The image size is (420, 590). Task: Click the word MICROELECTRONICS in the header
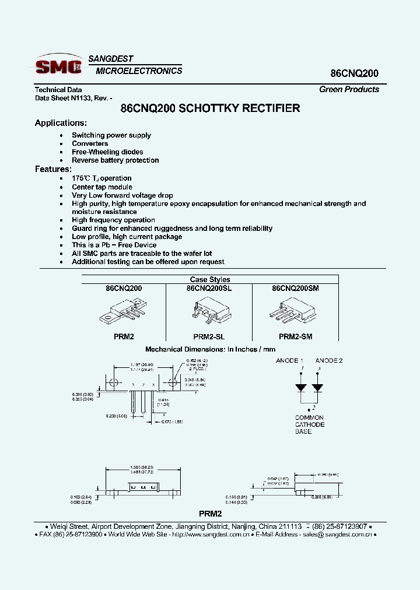[x=139, y=71]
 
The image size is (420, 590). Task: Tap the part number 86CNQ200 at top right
[x=355, y=73]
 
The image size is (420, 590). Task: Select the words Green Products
[x=349, y=89]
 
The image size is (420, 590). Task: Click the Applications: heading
[x=61, y=123]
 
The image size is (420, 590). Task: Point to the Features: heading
[x=53, y=169]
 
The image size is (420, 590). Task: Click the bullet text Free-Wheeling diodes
[x=107, y=152]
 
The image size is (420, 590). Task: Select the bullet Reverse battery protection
[x=115, y=160]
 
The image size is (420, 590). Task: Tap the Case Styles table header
[x=210, y=280]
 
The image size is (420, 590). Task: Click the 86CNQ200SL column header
[x=209, y=288]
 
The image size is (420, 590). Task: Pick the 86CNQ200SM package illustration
[x=295, y=311]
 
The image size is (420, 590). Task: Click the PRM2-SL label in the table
[x=209, y=336]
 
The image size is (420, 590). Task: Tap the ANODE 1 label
[x=289, y=361]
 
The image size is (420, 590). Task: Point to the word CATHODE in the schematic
[x=309, y=425]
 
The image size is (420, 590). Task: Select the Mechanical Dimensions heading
[x=210, y=349]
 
